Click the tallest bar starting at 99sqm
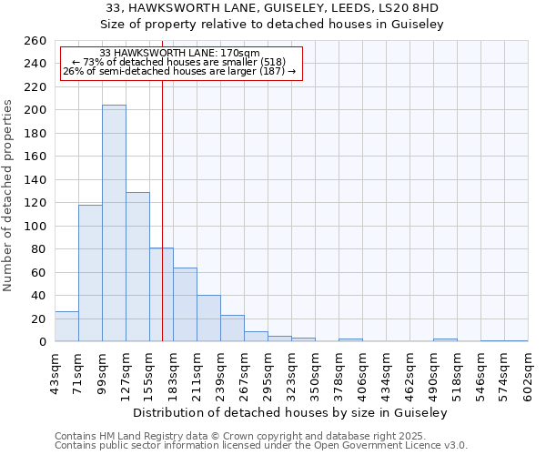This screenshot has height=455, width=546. pyautogui.click(x=114, y=223)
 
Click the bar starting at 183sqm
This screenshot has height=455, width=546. pyautogui.click(x=185, y=305)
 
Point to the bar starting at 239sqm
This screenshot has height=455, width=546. pyautogui.click(x=232, y=329)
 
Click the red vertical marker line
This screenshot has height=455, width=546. pyautogui.click(x=162, y=209)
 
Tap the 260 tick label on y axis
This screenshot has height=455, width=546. pyautogui.click(x=35, y=41)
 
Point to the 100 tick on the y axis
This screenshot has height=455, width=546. pyautogui.click(x=35, y=226)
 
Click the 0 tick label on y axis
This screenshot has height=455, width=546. pyautogui.click(x=42, y=342)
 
